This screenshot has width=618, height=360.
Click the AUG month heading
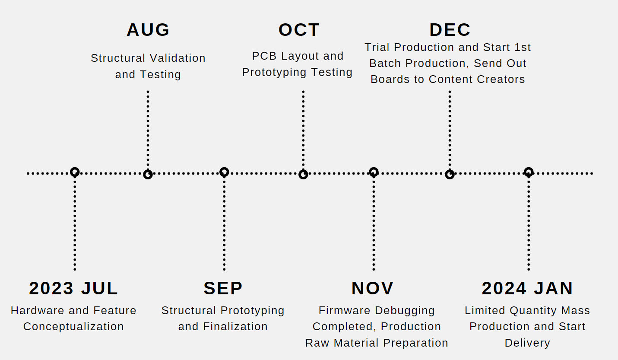click(148, 30)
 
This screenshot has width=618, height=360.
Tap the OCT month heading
click(299, 30)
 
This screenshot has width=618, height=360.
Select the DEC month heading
click(450, 30)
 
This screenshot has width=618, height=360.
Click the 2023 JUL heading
click(73, 288)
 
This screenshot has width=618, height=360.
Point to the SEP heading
click(223, 288)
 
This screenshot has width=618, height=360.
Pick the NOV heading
click(372, 288)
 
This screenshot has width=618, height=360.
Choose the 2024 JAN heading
click(527, 288)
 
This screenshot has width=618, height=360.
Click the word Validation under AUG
click(177, 58)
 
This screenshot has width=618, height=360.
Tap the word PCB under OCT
click(264, 56)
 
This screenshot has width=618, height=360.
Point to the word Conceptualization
click(73, 327)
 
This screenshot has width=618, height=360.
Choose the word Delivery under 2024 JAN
click(527, 343)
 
